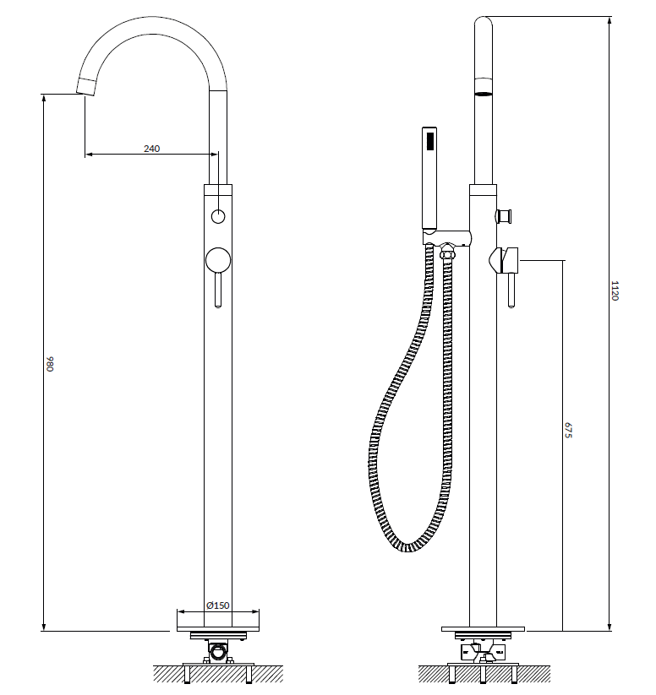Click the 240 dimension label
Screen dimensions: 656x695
151,149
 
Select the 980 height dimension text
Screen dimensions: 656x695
50,363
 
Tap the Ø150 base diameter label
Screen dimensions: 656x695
218,605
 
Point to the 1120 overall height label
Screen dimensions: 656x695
615,290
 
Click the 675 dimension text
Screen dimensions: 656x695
568,430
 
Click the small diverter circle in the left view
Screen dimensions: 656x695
218,216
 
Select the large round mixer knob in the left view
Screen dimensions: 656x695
218,260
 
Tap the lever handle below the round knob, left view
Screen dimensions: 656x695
218,290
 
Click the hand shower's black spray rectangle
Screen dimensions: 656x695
429,141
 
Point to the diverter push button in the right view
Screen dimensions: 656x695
504,216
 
